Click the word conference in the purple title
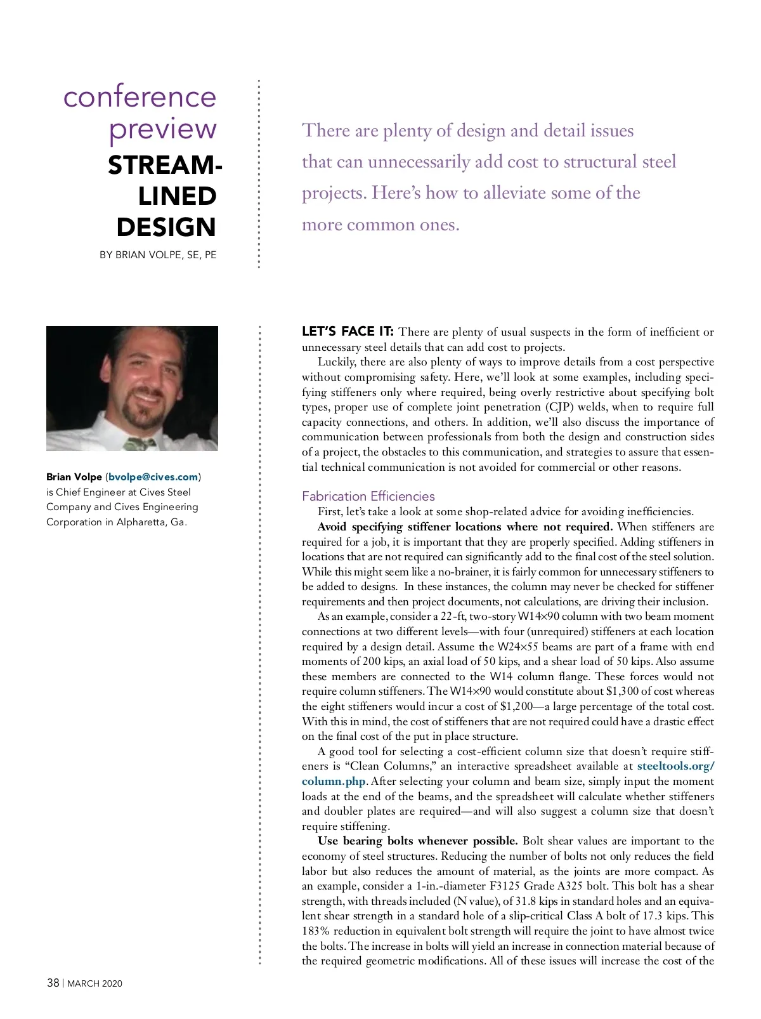(140, 97)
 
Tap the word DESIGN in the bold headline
(166, 227)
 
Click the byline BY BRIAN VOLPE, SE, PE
(158, 255)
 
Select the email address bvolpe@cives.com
(153, 477)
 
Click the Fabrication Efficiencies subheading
(368, 496)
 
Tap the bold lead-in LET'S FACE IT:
(348, 332)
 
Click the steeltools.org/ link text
(675, 766)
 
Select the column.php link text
(334, 782)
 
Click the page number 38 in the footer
(53, 983)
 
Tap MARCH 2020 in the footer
(94, 983)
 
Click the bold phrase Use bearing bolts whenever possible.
(418, 841)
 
